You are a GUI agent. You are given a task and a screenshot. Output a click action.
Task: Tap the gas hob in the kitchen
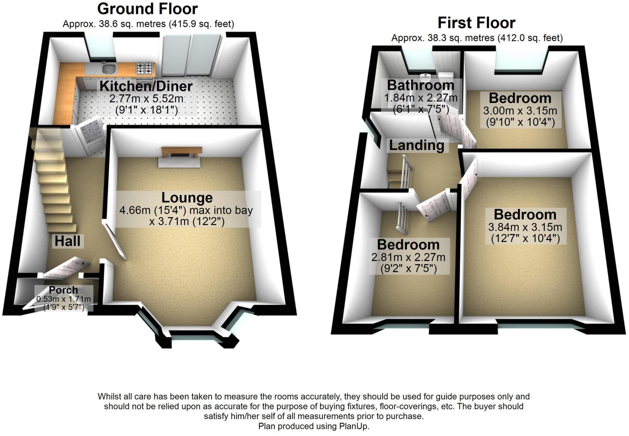pyautogui.click(x=145, y=68)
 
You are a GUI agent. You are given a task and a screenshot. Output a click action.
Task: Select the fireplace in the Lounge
pyautogui.click(x=182, y=154)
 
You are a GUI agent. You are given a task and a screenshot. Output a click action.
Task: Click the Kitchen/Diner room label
pyautogui.click(x=146, y=86)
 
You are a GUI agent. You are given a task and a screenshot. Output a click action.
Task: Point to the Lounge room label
pyautogui.click(x=187, y=198)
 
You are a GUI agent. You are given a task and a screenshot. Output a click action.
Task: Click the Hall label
pyautogui.click(x=67, y=241)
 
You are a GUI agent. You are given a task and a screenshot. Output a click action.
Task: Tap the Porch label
pyautogui.click(x=63, y=290)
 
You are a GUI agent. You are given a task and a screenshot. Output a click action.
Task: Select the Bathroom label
pyautogui.click(x=421, y=85)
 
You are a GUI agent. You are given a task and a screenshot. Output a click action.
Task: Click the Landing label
pyautogui.click(x=416, y=145)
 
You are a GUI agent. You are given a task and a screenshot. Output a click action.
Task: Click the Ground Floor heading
pyautogui.click(x=147, y=9)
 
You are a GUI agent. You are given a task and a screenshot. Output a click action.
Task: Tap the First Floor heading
pyautogui.click(x=476, y=23)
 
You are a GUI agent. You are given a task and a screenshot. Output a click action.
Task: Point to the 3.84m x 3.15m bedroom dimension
pyautogui.click(x=525, y=227)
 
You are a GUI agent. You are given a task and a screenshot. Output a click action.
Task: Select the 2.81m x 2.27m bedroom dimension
pyautogui.click(x=408, y=257)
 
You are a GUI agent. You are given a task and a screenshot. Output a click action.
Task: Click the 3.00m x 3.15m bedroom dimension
pyautogui.click(x=520, y=111)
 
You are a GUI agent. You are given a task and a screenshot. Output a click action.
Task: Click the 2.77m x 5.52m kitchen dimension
pyautogui.click(x=146, y=99)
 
